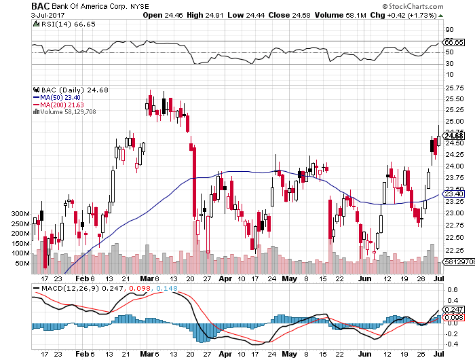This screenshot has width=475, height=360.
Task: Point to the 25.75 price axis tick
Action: pyautogui.click(x=453, y=88)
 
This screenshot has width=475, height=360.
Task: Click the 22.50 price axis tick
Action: pyautogui.click(x=453, y=237)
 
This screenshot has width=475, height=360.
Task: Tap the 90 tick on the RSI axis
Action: pyautogui.click(x=449, y=30)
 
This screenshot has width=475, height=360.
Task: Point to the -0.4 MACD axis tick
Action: pyautogui.click(x=451, y=345)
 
